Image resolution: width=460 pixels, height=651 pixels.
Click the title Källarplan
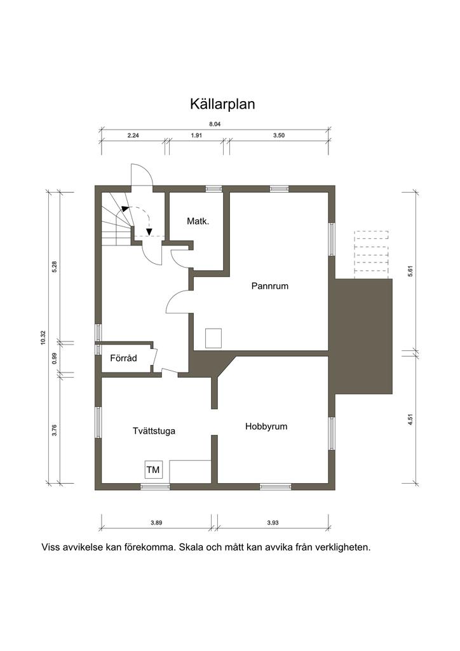pos(222,104)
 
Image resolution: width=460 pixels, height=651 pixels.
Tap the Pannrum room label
pos(269,286)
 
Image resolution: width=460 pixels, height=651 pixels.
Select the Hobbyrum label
pos(266,427)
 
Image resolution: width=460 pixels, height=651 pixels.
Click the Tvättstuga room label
pos(154,431)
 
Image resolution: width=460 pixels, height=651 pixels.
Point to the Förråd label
pos(123,358)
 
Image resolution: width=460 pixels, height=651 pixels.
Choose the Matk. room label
pos(198,221)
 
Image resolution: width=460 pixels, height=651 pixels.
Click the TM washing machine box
pos(153,470)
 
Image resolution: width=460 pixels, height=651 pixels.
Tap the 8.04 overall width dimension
pos(215,124)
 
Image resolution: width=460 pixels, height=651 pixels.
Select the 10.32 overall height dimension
pos(43,338)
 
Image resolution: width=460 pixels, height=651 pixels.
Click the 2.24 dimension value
pos(133,135)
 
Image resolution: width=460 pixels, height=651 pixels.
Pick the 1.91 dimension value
pos(196,135)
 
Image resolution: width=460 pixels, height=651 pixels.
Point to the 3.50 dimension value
pos(279,135)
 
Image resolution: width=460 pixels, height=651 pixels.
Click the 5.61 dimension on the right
pos(410,271)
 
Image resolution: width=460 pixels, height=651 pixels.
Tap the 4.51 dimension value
pos(410,420)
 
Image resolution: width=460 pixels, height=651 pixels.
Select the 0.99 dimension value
pos(55,359)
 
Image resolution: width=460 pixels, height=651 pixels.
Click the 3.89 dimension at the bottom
pos(156,523)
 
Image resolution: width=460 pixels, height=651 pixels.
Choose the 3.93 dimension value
pos(273,523)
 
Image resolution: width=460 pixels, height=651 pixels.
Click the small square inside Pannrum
pos(213,338)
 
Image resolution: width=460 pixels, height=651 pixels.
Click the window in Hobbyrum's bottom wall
pos(275,486)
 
